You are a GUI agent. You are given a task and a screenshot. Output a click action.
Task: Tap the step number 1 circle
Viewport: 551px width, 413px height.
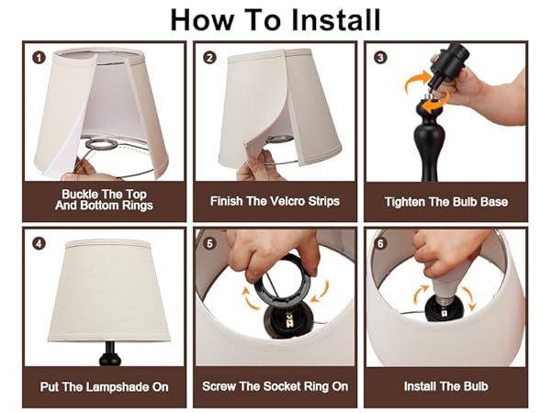click(x=39, y=57)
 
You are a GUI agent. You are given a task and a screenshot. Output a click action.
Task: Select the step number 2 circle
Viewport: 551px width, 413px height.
click(x=210, y=57)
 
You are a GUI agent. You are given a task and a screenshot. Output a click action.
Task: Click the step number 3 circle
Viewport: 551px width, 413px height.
click(x=380, y=57)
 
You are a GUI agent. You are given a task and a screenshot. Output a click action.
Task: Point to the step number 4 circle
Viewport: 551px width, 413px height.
click(x=39, y=243)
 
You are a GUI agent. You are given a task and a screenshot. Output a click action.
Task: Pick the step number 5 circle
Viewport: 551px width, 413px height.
click(x=210, y=243)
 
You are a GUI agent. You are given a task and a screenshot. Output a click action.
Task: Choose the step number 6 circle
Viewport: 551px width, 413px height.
click(x=380, y=243)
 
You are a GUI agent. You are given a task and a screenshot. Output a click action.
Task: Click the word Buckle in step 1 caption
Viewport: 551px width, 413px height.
click(x=80, y=194)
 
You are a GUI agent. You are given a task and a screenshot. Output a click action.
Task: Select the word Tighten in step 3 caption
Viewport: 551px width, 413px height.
click(x=408, y=200)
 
